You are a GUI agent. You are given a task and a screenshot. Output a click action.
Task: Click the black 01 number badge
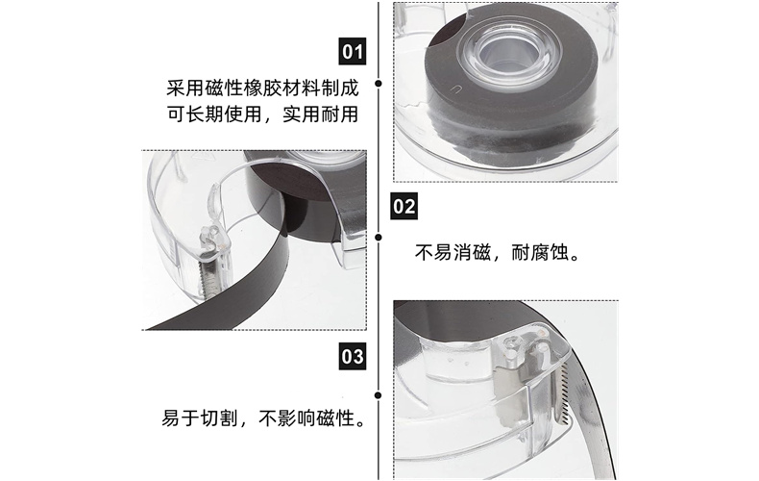(352, 51)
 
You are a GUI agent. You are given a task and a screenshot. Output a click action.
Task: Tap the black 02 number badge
(404, 206)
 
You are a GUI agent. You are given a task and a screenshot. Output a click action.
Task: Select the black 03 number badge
(352, 356)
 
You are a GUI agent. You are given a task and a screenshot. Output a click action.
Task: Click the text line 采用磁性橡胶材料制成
(262, 89)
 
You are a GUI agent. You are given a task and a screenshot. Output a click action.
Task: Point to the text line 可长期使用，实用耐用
(262, 114)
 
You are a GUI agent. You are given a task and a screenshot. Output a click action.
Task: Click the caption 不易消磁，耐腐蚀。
(497, 253)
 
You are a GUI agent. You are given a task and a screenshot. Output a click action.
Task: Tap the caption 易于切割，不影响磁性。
(263, 418)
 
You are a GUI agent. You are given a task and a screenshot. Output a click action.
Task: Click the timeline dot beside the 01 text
(379, 84)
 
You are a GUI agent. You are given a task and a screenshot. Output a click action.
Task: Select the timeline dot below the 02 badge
(379, 237)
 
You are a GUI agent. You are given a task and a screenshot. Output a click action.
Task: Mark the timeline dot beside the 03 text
(379, 395)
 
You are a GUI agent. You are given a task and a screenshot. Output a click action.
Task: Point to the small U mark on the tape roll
(455, 89)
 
